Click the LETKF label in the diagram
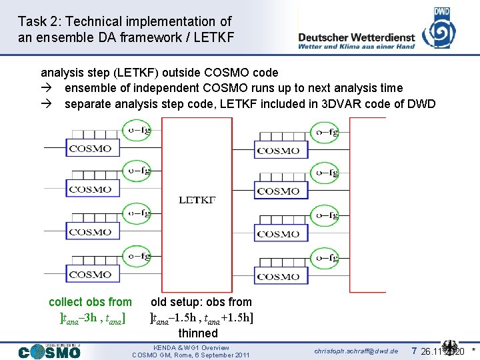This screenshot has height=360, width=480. pos(197,199)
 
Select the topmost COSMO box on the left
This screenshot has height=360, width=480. pos(90,149)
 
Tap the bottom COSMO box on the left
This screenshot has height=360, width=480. pos(90,274)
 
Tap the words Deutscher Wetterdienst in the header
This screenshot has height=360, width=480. pos(357,38)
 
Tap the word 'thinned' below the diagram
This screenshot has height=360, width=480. pos(197,333)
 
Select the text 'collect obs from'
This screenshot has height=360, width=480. pos(90,302)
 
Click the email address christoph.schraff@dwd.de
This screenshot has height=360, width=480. pos(356,351)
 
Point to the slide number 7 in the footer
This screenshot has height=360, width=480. pos(414,351)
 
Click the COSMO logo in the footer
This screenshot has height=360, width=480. pos(49,351)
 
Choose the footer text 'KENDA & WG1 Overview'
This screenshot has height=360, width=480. pos(191,347)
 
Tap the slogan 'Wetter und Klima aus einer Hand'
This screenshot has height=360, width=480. pos(357,47)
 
